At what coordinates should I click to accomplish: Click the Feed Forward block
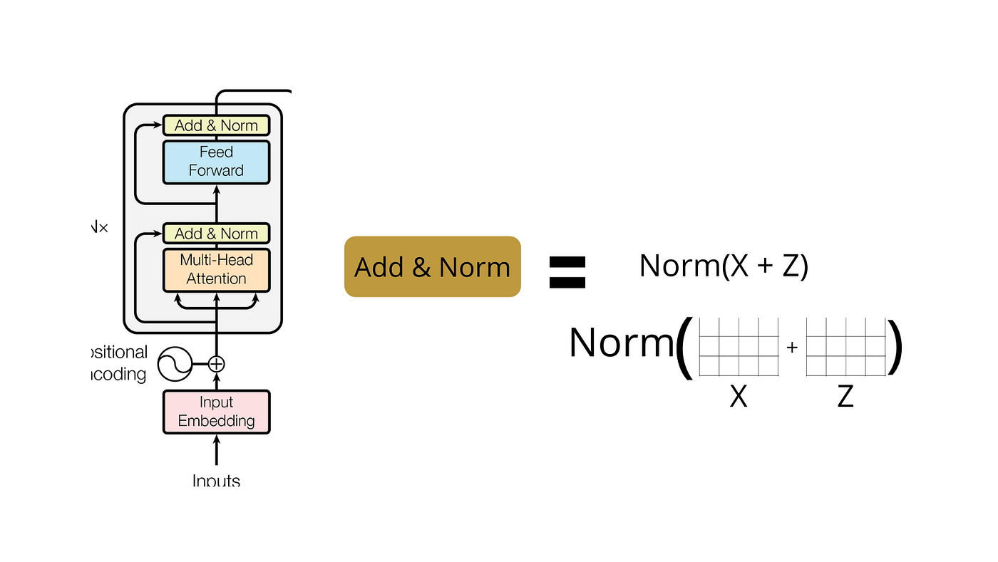click(216, 162)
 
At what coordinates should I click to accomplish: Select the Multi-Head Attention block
click(216, 269)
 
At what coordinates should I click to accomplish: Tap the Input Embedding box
click(216, 412)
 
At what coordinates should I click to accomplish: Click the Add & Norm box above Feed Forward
click(216, 125)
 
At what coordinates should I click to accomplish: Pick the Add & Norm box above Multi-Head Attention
click(216, 234)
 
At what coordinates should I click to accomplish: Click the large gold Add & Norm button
click(432, 267)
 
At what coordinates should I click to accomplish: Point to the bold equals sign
click(567, 271)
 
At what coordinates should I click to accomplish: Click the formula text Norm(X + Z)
click(723, 266)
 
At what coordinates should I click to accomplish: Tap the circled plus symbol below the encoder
click(216, 364)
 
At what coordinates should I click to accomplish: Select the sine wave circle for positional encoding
click(175, 364)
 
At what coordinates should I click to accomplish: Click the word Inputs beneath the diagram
click(216, 480)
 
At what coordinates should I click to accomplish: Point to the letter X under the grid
click(739, 396)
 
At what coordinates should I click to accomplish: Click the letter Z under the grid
click(845, 396)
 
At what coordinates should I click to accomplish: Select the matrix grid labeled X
click(739, 347)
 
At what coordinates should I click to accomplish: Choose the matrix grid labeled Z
click(845, 347)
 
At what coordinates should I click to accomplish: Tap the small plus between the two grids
click(792, 348)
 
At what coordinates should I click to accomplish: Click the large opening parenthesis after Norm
click(684, 347)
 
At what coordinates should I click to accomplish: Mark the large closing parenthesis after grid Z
click(896, 347)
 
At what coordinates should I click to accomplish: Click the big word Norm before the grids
click(620, 343)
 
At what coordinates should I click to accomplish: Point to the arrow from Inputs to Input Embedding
click(216, 450)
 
